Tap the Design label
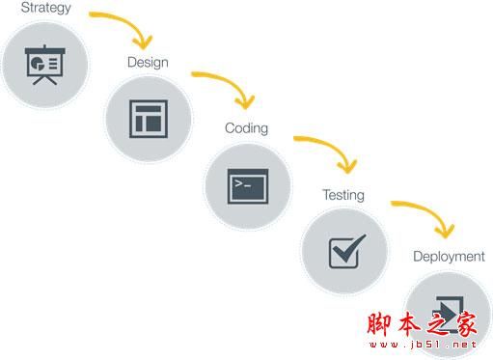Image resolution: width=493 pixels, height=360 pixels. pyautogui.click(x=148, y=63)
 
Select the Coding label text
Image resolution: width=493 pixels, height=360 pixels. pyautogui.click(x=246, y=128)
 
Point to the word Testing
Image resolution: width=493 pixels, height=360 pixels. pyautogui.click(x=343, y=195)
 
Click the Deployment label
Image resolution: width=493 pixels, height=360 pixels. pyautogui.click(x=449, y=257)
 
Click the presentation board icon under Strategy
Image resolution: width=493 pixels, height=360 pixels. pyautogui.click(x=44, y=64)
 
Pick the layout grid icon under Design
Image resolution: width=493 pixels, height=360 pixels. pyautogui.click(x=148, y=118)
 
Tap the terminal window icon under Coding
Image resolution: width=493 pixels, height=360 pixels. pyautogui.click(x=247, y=185)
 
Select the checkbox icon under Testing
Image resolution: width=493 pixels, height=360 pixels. pyautogui.click(x=345, y=250)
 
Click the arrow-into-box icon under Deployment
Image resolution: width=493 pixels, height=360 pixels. pyautogui.click(x=447, y=312)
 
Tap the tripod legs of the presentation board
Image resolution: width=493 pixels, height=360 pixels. pyautogui.click(x=44, y=79)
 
